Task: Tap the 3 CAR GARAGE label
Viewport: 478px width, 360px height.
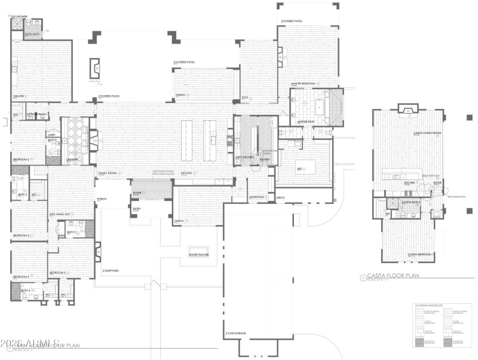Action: (235, 333)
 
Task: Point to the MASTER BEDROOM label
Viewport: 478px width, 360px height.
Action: (303, 84)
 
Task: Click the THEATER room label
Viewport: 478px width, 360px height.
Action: (19, 96)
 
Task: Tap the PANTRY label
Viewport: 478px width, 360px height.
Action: (265, 160)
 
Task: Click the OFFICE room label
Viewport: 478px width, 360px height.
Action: (179, 221)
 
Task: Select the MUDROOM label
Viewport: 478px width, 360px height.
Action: (256, 196)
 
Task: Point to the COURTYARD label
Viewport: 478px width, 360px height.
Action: (111, 271)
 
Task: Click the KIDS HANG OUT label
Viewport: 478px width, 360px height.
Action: (60, 213)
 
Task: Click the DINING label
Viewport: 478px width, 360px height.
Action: (180, 95)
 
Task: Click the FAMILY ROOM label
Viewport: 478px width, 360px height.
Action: (108, 173)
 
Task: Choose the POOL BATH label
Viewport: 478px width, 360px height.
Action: (32, 35)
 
